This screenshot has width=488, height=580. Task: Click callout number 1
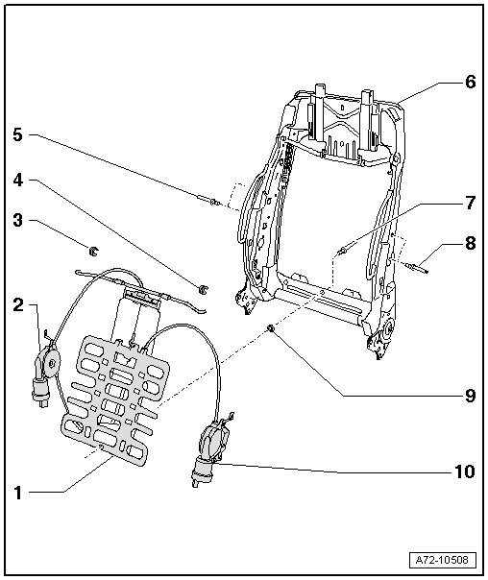click(17, 493)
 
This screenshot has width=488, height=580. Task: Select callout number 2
click(18, 304)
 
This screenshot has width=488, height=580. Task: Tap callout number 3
click(17, 220)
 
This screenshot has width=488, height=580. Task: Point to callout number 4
click(18, 180)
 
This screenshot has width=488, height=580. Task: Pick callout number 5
click(17, 134)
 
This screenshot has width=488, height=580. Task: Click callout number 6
click(471, 82)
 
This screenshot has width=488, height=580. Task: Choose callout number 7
click(471, 203)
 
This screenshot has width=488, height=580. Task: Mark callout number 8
click(471, 243)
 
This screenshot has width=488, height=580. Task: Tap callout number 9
click(470, 396)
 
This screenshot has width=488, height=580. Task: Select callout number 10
click(465, 472)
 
